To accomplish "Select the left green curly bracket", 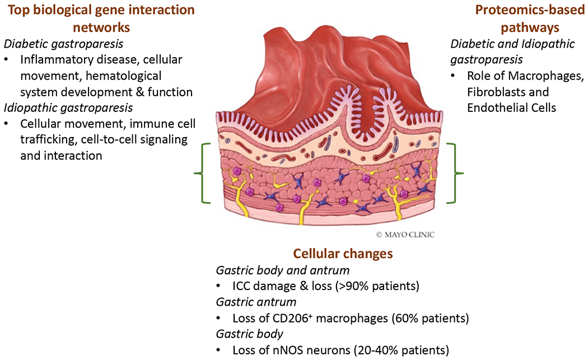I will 200,174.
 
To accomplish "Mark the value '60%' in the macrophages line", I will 399,319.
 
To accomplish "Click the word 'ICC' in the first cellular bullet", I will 242,287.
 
